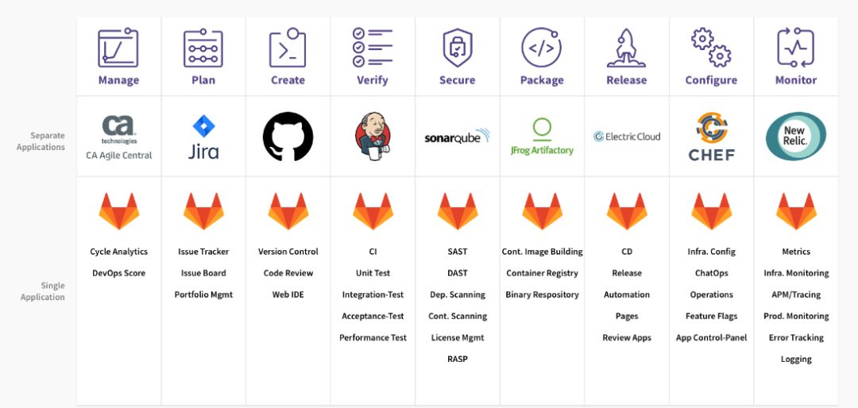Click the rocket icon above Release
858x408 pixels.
coord(627,48)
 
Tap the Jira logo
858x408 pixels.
coord(203,137)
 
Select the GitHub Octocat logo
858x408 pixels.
coord(288,137)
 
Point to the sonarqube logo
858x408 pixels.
coord(457,137)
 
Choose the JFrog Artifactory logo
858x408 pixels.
coord(542,137)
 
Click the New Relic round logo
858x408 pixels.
coord(795,137)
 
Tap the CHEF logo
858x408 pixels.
coord(711,137)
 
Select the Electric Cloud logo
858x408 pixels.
coord(627,137)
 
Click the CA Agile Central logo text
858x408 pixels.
coord(119,156)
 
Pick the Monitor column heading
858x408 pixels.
coord(795,80)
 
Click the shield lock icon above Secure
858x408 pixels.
coord(457,48)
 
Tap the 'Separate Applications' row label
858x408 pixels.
coord(41,141)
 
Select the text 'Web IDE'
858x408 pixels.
coord(288,294)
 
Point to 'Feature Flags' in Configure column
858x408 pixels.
coord(711,316)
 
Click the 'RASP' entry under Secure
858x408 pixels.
coord(457,359)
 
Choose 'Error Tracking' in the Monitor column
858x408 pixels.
coord(795,337)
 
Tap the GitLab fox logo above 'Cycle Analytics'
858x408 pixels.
coord(119,212)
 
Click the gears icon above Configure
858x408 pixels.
coord(711,48)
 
